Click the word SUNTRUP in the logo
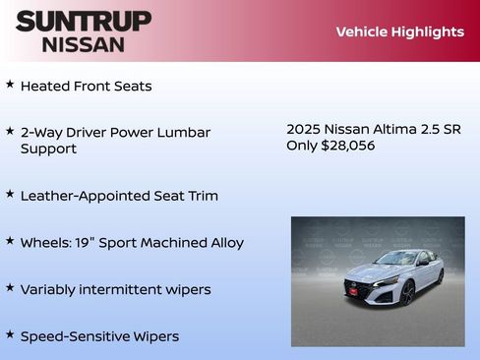point(84,21)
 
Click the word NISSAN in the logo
point(84,44)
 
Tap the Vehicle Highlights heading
point(399,31)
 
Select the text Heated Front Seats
point(86,86)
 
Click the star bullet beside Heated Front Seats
point(10,85)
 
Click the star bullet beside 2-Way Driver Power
point(10,131)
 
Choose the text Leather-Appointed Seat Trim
point(119,196)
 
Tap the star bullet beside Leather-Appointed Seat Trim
point(10,195)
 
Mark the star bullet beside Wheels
point(10,241)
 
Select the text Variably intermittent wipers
point(115,289)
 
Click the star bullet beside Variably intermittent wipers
point(10,288)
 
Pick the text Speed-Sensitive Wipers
point(99,336)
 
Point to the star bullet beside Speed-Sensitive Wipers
point(10,335)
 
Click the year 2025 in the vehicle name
point(304,129)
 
